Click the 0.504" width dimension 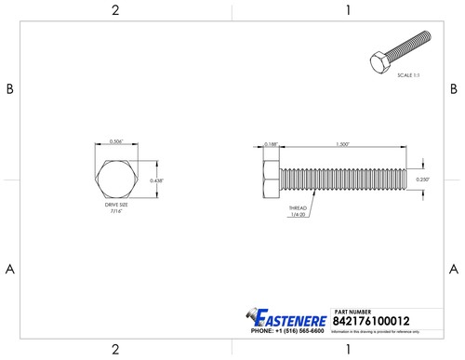(115, 141)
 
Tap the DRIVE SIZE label (116, 206)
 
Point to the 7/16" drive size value (116, 212)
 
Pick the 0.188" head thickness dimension (271, 144)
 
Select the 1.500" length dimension (343, 144)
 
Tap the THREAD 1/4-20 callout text (298, 211)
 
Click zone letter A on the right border (454, 270)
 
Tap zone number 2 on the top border (115, 10)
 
